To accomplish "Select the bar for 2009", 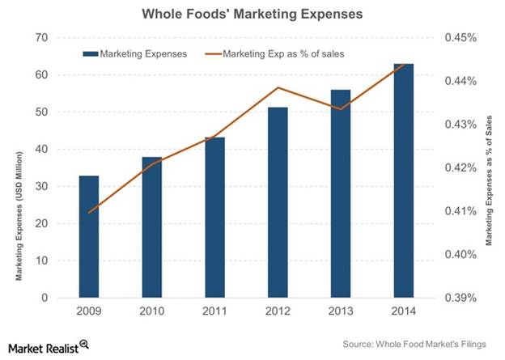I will tap(89, 236).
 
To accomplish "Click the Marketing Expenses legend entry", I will tap(135, 53).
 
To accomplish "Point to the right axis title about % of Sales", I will tap(488, 179).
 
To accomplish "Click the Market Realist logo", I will tap(46, 346).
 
